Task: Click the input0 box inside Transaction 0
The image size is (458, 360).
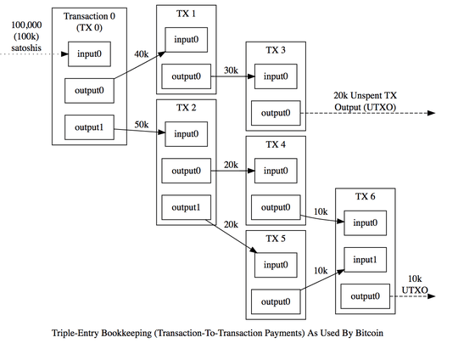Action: pos(89,54)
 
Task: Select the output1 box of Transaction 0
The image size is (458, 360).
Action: pos(89,127)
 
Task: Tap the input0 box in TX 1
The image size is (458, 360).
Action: pos(187,40)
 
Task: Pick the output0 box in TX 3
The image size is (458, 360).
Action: pos(276,113)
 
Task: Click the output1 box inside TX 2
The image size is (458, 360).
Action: pos(187,207)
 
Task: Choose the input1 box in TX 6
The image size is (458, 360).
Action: pos(365,260)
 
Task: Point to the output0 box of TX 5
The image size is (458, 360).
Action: pos(276,301)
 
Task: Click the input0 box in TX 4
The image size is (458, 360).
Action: pos(276,171)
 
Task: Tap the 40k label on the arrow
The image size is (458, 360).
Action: pos(142,54)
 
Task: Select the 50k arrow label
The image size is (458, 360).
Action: pos(142,125)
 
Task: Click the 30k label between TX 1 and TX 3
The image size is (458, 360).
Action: pos(231,70)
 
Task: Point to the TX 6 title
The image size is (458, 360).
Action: pos(365,196)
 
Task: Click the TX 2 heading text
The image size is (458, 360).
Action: pos(187,108)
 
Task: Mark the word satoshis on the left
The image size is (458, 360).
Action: pos(26,48)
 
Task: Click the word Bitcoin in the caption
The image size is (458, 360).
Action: pos(369,333)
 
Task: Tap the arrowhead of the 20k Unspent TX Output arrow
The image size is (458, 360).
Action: pos(432,113)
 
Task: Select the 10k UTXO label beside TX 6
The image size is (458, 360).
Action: pos(415,284)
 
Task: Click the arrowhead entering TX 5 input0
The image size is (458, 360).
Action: pos(254,250)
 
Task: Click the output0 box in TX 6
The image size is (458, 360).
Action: pos(365,296)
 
